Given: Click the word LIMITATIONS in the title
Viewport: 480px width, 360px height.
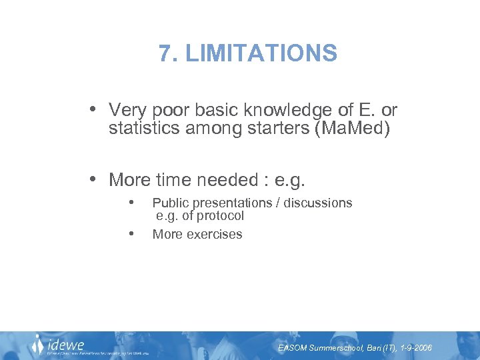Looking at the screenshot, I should (261, 53).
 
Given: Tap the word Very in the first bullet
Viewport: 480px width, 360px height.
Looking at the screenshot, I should (127, 109).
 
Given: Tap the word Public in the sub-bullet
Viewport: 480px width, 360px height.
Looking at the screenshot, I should (169, 203).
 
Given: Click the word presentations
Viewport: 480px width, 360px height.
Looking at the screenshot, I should (227, 203).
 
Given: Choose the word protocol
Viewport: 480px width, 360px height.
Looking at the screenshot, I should (219, 216).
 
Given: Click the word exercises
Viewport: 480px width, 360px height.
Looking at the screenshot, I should (215, 235).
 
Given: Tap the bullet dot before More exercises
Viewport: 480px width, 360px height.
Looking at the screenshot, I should (133, 234).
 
